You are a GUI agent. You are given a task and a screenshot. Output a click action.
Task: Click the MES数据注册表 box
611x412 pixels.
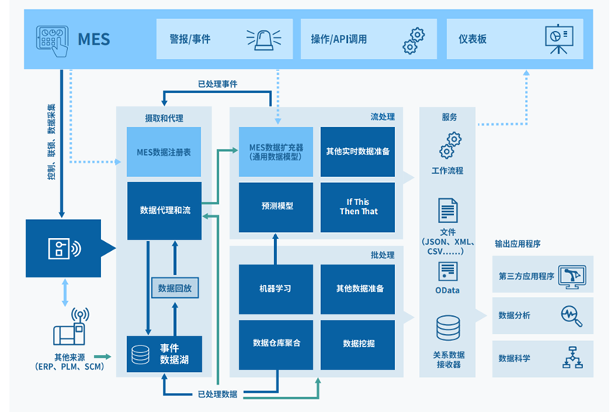pyautogui.click(x=164, y=152)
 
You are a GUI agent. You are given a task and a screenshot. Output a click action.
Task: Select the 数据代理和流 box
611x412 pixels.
pyautogui.click(x=164, y=210)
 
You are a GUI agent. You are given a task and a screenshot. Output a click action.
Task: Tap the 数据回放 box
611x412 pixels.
pyautogui.click(x=174, y=289)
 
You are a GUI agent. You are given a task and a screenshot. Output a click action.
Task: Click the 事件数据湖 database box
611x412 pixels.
pyautogui.click(x=164, y=354)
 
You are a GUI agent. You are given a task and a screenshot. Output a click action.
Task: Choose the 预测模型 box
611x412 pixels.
pyautogui.click(x=276, y=206)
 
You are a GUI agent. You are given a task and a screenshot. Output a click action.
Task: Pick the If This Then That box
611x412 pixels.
pyautogui.click(x=357, y=206)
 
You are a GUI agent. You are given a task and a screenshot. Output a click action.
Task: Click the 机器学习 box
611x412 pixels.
pyautogui.click(x=276, y=289)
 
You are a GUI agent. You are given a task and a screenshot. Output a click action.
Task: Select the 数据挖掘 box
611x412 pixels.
pyautogui.click(x=357, y=344)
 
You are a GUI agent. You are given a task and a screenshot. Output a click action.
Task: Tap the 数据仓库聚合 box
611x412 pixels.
pyautogui.click(x=276, y=344)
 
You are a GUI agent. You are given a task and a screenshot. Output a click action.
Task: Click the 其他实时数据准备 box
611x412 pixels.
pyautogui.click(x=357, y=151)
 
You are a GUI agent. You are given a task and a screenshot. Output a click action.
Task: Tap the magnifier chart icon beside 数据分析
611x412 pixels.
pyautogui.click(x=571, y=315)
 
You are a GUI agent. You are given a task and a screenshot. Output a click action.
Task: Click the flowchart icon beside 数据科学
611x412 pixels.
pyautogui.click(x=571, y=357)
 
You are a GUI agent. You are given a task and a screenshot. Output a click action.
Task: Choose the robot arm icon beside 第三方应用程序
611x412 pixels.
pyautogui.click(x=571, y=276)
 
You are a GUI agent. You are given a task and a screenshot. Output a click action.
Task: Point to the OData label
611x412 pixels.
pyautogui.click(x=448, y=290)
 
